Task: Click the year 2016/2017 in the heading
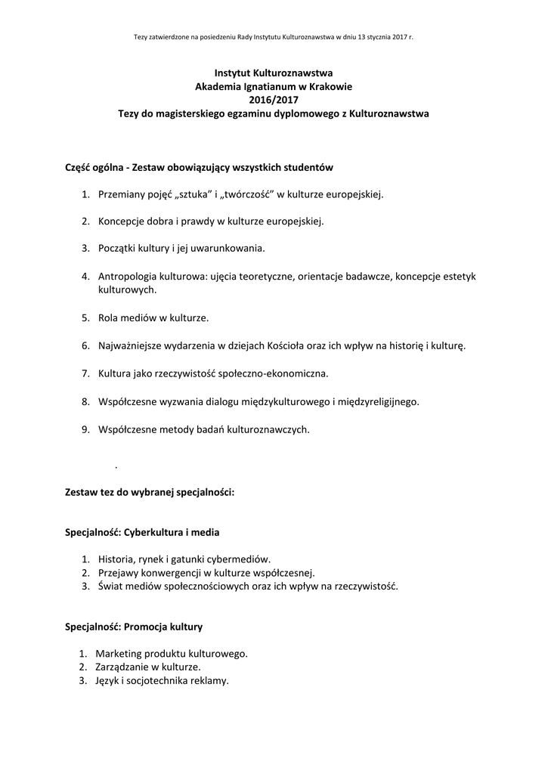tap(274, 100)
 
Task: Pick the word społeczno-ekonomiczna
tap(281, 373)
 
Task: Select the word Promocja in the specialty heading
tap(149, 627)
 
